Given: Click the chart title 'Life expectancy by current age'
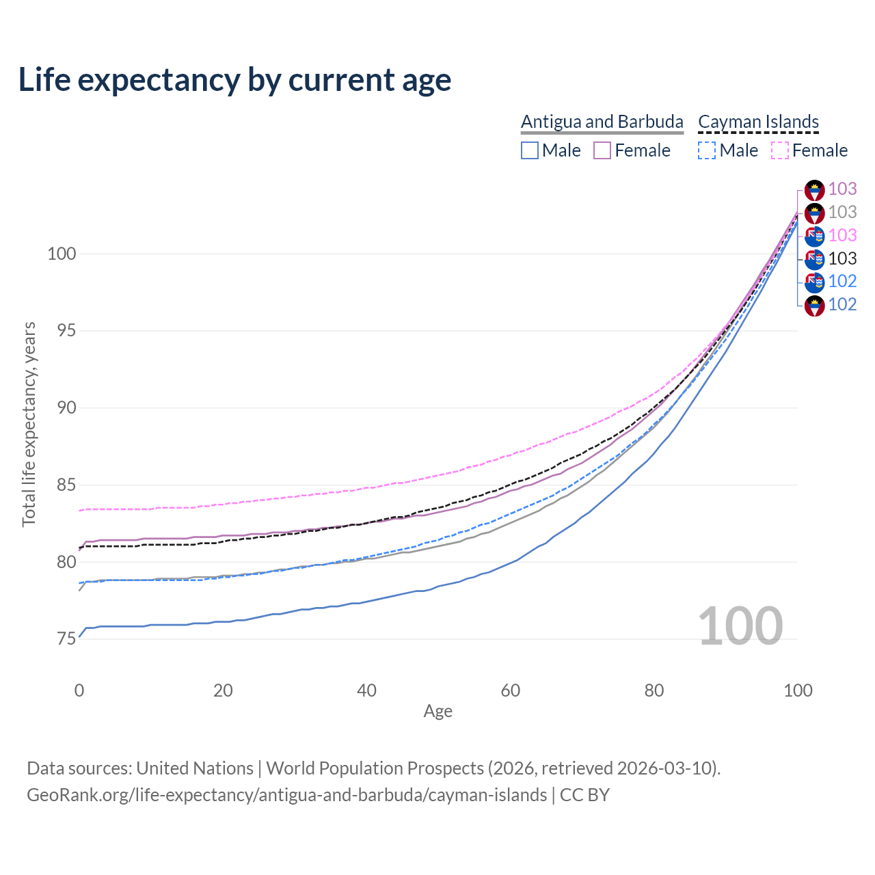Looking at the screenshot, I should point(234,80).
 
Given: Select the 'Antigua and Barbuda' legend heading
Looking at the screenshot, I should point(602,122).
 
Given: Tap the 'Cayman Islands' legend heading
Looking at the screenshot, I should point(758,122).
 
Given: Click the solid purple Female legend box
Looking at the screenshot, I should point(602,150).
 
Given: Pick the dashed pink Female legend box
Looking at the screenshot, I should point(780,150).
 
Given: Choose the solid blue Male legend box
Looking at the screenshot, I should point(530,150).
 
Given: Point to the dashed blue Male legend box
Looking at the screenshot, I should point(707,150).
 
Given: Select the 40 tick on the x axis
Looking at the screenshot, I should point(366,690).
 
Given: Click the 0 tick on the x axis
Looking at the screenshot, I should point(79,690).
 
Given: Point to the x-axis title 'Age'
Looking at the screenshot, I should point(437,712).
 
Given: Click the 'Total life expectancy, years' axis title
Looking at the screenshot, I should point(29,425).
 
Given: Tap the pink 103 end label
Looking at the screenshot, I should point(842,235).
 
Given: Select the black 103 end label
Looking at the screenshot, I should point(842,258).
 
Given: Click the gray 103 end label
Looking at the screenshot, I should point(842,212).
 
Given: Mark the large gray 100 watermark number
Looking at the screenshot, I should point(740,626).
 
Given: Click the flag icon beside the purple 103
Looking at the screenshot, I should point(814,189).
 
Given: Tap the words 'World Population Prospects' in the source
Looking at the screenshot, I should point(375,768).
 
